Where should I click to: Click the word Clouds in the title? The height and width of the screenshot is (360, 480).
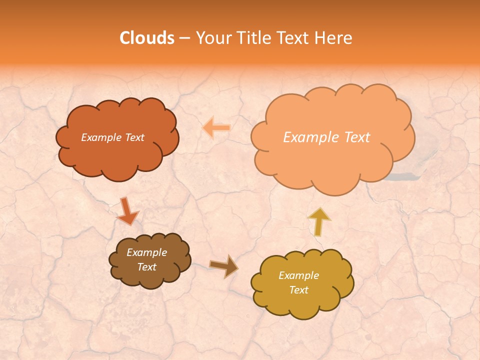(x=147, y=38)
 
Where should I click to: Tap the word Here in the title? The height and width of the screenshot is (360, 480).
(x=334, y=38)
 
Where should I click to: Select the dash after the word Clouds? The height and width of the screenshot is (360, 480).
(x=184, y=38)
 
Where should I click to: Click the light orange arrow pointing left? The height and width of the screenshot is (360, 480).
(x=216, y=128)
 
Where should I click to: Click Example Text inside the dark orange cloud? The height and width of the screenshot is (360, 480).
(x=112, y=137)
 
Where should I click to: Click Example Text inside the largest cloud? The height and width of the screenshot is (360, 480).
(x=326, y=137)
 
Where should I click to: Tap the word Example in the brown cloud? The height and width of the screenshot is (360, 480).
(x=146, y=252)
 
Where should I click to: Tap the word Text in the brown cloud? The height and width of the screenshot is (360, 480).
(x=146, y=267)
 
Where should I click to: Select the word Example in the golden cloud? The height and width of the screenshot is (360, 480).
(x=298, y=275)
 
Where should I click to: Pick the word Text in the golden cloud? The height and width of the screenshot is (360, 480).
(x=298, y=290)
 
